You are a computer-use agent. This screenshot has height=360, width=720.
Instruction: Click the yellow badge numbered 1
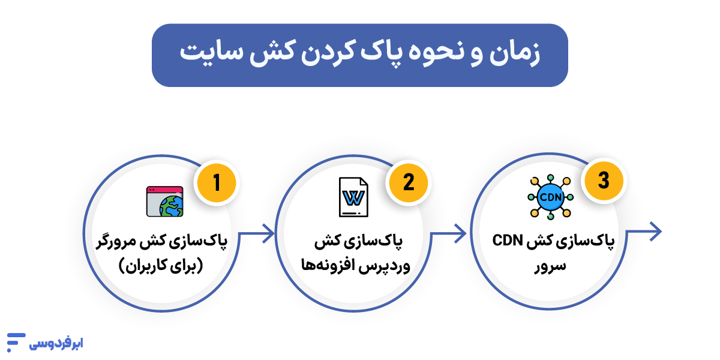click(217, 182)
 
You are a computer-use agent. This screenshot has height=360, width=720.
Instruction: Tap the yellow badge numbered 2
click(409, 182)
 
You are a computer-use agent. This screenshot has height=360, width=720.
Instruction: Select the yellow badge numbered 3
click(603, 181)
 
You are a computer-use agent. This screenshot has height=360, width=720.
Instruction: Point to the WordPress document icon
click(353, 197)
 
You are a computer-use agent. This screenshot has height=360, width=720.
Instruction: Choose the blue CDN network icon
click(550, 197)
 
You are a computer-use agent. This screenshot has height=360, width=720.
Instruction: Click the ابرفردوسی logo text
click(56, 344)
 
